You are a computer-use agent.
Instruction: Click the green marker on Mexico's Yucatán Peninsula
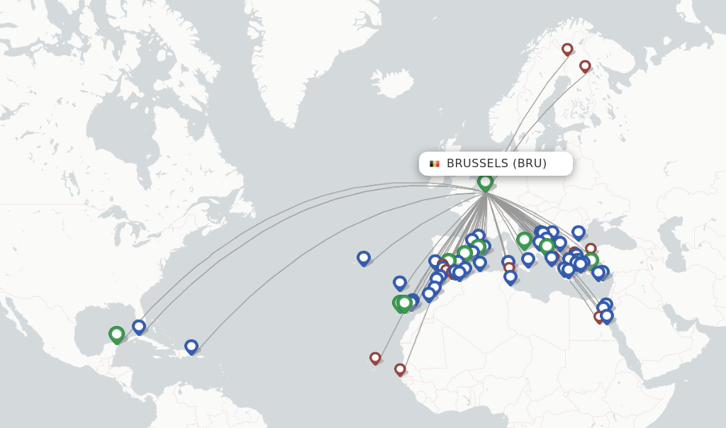click(116, 334)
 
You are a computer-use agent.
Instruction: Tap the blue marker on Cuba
click(139, 327)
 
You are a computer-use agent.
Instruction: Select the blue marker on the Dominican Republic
click(191, 347)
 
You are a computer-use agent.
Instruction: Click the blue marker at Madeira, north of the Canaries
click(400, 283)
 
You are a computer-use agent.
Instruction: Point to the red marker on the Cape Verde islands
click(375, 358)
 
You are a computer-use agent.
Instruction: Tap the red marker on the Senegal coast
click(400, 369)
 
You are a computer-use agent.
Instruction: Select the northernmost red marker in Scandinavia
click(567, 49)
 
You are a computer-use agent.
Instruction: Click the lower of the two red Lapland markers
click(585, 66)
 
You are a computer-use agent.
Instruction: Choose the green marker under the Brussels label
click(485, 181)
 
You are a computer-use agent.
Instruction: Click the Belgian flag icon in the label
click(435, 164)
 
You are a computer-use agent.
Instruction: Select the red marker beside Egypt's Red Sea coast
click(600, 316)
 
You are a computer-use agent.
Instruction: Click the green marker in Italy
click(524, 240)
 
